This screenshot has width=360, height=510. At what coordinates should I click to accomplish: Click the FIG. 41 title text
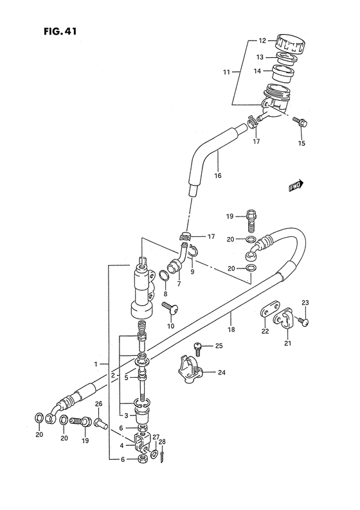[60, 31]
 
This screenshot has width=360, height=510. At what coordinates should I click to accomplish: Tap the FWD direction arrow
[296, 186]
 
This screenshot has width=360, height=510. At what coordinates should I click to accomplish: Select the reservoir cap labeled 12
[290, 44]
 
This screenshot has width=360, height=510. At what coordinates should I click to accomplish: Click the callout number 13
[260, 57]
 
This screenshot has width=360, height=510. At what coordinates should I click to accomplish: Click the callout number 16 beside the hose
[218, 175]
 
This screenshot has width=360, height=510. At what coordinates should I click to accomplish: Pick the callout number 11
[226, 72]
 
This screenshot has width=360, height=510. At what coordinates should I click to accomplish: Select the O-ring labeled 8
[165, 276]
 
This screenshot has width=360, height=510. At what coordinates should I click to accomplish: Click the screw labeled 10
[171, 308]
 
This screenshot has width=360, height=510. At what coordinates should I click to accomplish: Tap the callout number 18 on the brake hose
[231, 330]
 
